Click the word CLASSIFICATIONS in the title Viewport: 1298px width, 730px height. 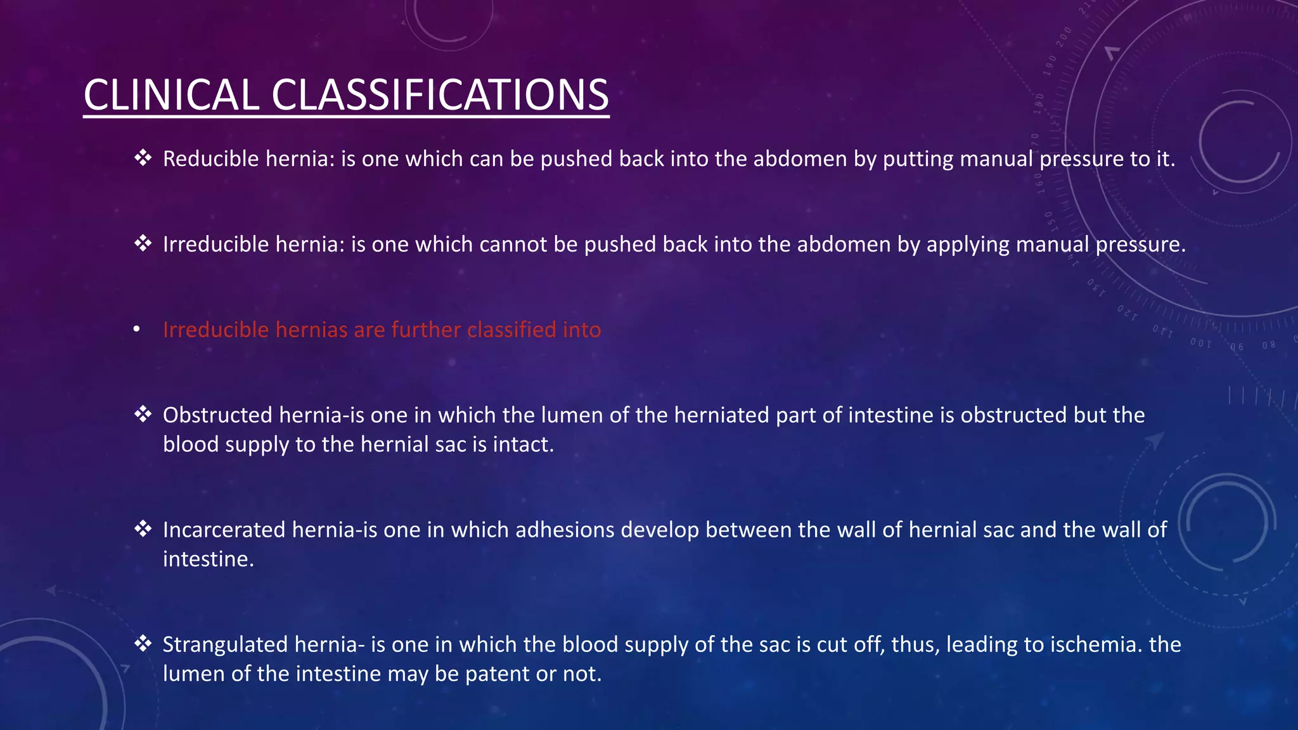[440, 95]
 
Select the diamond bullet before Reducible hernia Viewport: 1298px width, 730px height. [143, 157]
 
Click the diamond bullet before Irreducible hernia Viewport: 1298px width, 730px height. [143, 243]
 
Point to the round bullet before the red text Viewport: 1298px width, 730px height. [137, 329]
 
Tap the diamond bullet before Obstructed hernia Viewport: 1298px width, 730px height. [143, 414]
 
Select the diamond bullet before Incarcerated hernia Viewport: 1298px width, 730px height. [143, 528]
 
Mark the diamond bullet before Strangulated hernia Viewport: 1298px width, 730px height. [143, 643]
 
